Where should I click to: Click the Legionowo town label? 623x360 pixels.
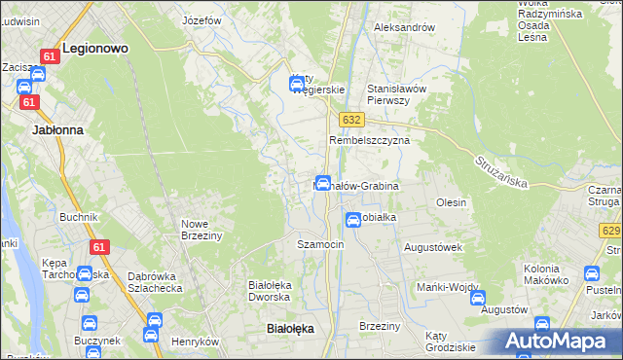coord(95,46)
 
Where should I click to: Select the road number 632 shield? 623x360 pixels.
coord(352,119)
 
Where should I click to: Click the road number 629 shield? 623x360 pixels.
coord(611,230)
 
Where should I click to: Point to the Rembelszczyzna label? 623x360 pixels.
coord(369,140)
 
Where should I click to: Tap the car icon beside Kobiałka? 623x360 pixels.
coord(354,220)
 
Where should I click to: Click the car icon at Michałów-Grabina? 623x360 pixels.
coord(322,183)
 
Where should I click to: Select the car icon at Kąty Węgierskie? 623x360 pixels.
coord(296,84)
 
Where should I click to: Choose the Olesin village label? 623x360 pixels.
coord(452,202)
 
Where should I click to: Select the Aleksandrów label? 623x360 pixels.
coord(404,27)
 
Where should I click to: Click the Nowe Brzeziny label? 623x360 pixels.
coord(202,230)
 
